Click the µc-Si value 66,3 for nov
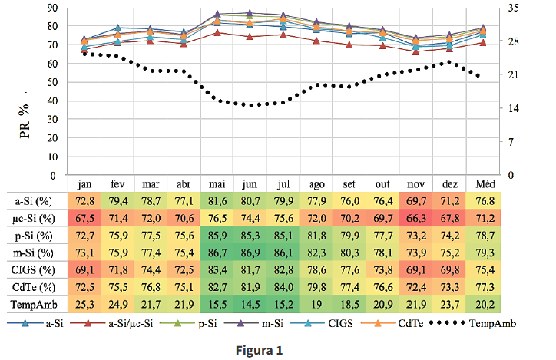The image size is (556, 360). click(415, 218)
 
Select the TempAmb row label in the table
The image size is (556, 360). click(33, 305)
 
